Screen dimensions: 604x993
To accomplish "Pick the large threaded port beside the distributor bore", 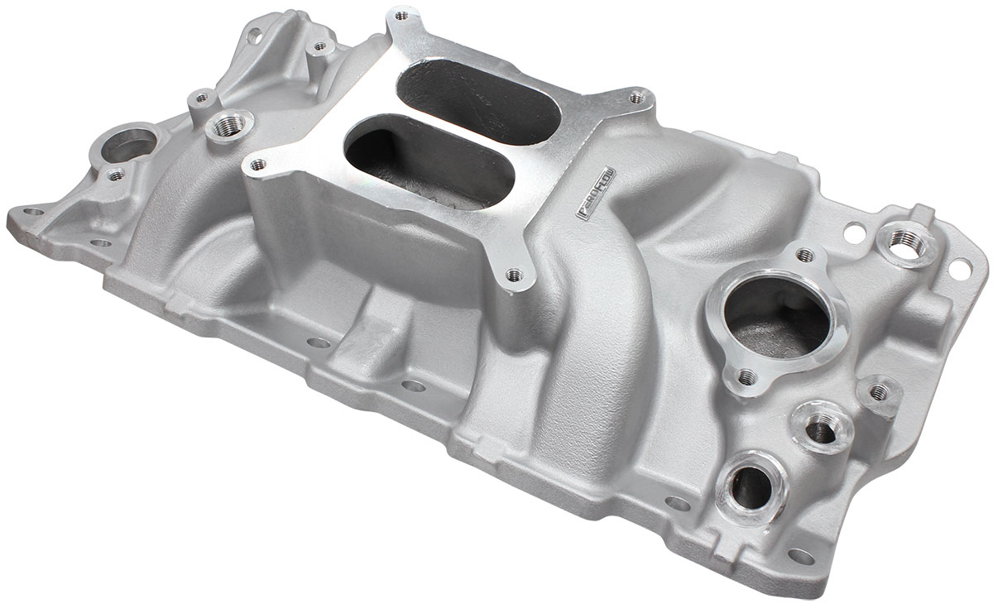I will pyautogui.click(x=224, y=128).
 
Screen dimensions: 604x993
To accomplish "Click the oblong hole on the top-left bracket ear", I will pyautogui.click(x=251, y=35).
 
